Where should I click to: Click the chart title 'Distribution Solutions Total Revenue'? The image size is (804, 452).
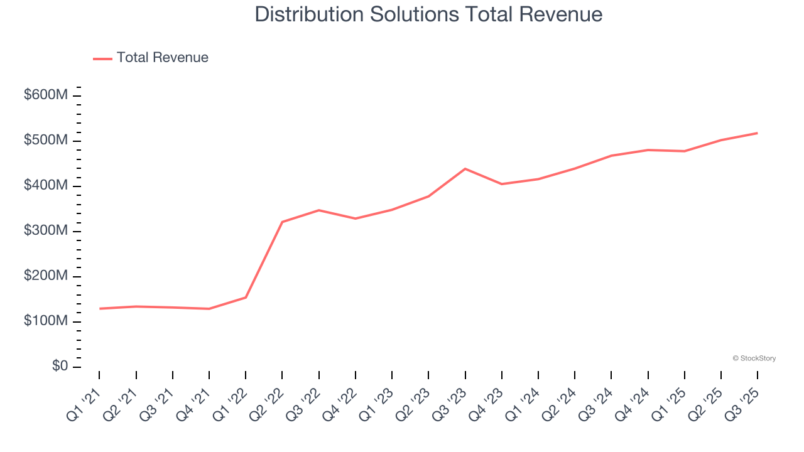[x=428, y=14]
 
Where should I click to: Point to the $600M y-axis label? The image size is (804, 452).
[x=46, y=95]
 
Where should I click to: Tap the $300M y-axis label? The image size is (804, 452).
[x=46, y=231]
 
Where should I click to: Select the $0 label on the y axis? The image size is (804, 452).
[x=60, y=367]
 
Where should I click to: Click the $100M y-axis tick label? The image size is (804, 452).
[x=46, y=321]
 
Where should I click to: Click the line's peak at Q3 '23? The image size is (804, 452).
[x=465, y=169]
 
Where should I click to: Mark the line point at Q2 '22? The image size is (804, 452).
[x=282, y=222]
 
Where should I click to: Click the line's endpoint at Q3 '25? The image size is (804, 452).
[x=757, y=133]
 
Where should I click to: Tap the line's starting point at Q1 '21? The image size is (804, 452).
[x=99, y=309]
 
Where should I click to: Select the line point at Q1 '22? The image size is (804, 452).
[x=246, y=298]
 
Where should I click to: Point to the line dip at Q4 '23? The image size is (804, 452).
[x=501, y=184]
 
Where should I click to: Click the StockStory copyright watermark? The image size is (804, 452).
[x=754, y=358]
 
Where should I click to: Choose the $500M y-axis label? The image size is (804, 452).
[x=46, y=141]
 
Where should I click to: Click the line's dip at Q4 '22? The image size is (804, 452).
[x=356, y=218]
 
